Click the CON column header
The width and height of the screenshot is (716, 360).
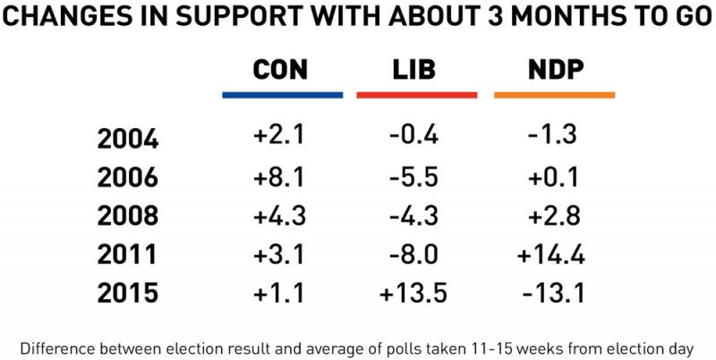281,71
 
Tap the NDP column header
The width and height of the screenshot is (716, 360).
552,71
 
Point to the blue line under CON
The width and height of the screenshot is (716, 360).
282,94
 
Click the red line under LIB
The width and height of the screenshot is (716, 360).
415,94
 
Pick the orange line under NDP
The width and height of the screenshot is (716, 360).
552,94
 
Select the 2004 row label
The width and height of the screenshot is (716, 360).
128,139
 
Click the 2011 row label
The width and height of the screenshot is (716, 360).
128,254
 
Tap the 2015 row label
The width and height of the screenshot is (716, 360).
128,293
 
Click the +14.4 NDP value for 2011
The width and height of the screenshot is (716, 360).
550,254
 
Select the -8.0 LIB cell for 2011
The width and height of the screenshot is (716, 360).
413,254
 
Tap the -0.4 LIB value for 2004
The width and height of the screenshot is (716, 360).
413,137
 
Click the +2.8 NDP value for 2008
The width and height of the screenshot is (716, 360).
550,216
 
